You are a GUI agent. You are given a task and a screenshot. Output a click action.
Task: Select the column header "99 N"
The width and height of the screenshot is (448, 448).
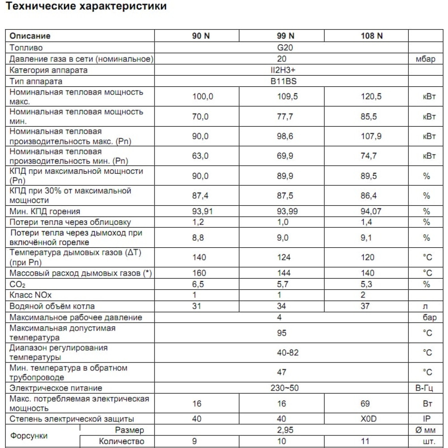coord(285,36)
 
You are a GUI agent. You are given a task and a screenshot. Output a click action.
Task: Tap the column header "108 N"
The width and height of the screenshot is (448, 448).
coord(371,36)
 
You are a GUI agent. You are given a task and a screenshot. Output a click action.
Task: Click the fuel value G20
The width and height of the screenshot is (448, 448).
coord(282,47)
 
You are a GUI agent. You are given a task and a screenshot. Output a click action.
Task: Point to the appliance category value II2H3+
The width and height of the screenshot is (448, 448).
coord(282,70)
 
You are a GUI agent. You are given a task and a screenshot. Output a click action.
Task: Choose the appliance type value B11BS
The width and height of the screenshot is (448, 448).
coord(282,82)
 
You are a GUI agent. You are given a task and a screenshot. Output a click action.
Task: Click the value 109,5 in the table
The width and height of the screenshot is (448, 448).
coord(285,97)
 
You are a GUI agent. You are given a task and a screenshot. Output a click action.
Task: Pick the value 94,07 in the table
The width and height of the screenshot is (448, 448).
coord(371,211)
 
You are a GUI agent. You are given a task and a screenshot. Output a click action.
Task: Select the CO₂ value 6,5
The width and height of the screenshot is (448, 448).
coord(199,284)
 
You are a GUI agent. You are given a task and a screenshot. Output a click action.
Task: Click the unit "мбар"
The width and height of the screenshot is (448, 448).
coord(426,59)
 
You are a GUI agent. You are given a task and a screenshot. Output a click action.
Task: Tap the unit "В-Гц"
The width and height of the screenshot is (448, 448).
coord(426,388)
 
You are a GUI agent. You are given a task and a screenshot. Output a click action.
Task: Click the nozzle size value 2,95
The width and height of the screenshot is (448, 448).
coord(282,431)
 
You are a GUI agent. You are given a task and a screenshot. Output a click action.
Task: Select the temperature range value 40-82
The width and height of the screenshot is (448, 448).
coord(288,353)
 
